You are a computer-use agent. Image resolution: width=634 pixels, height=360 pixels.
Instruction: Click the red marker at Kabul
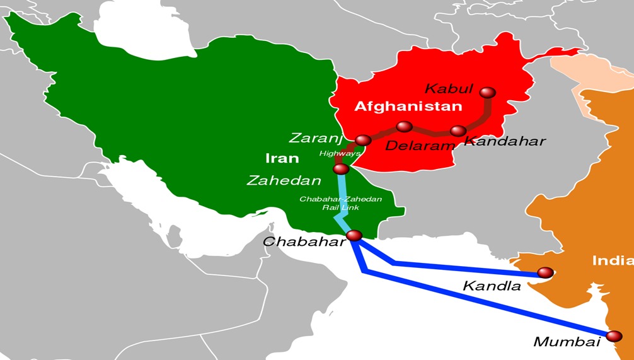[487, 93]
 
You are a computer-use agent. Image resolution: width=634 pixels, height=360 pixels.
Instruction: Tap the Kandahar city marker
[458, 131]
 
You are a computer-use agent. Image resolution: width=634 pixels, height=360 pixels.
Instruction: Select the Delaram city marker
[405, 127]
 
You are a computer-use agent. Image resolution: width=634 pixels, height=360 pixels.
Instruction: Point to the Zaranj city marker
[363, 140]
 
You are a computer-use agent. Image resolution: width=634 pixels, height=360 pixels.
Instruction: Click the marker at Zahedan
[341, 169]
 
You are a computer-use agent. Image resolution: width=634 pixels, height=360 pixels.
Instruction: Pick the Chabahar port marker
[354, 235]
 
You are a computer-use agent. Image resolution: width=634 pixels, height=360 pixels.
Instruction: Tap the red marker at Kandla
[545, 272]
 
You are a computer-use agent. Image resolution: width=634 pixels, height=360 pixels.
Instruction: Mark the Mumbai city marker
[614, 336]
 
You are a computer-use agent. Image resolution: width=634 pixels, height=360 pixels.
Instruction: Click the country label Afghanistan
[408, 106]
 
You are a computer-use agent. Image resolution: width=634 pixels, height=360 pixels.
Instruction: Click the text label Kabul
[449, 88]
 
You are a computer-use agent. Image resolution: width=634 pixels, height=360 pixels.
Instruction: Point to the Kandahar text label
[504, 141]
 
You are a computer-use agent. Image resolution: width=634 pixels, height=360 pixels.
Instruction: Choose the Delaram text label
[420, 146]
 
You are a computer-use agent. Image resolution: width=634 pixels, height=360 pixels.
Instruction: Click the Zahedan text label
[284, 180]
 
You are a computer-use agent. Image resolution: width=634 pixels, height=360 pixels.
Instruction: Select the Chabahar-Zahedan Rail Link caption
[340, 202]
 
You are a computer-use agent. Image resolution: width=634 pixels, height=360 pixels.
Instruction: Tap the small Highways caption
[340, 153]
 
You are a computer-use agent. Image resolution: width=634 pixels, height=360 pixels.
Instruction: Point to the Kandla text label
[492, 286]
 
